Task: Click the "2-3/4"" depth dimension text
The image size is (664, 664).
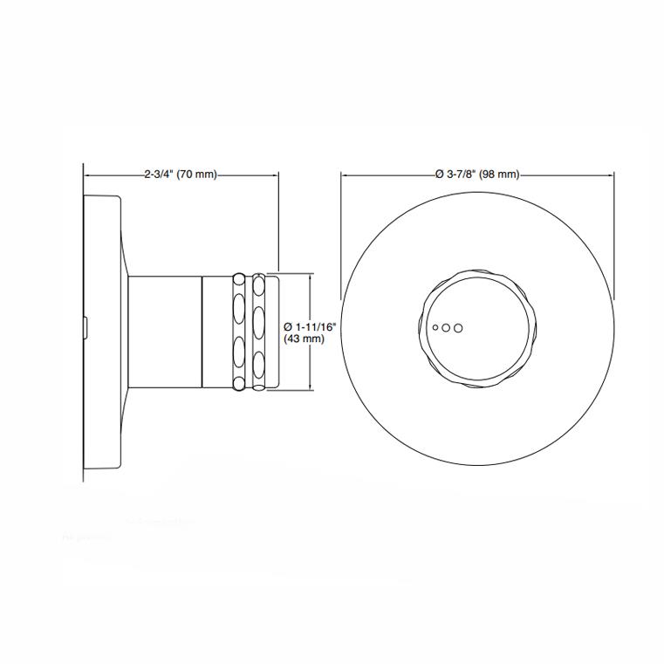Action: [159, 175]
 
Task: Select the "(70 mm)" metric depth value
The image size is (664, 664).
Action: [196, 175]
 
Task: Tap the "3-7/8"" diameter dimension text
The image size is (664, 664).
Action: [460, 175]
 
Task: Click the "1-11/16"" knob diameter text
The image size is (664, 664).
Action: [315, 326]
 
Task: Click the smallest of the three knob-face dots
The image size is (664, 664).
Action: [435, 328]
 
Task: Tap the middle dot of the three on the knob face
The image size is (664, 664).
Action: [445, 328]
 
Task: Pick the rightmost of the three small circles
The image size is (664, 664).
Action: [458, 328]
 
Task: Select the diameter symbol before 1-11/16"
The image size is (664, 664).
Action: [290, 326]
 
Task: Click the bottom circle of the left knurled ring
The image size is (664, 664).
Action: [238, 381]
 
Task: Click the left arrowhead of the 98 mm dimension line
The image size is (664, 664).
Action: [344, 175]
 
